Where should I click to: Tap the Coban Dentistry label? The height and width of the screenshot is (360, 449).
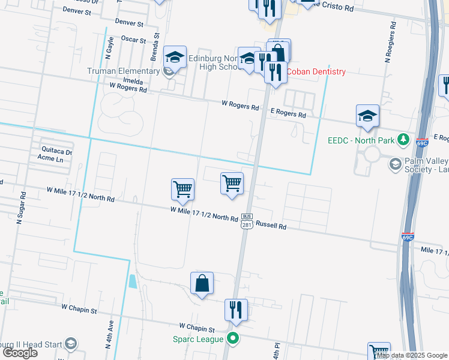(x=316, y=71)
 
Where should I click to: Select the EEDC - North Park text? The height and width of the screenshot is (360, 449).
(x=361, y=141)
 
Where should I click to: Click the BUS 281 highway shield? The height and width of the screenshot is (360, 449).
(x=246, y=220)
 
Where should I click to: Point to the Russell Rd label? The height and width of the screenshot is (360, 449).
(x=271, y=226)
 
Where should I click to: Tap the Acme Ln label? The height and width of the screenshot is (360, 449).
(x=50, y=159)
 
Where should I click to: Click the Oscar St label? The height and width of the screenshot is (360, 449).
(x=133, y=40)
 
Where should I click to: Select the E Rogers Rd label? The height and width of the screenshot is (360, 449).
(x=288, y=114)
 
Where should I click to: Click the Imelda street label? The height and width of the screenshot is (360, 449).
(x=133, y=80)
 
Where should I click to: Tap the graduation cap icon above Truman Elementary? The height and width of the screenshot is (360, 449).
(x=175, y=57)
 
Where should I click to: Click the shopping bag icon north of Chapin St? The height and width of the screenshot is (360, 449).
(x=202, y=282)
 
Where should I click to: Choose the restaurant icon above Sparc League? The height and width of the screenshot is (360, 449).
(x=235, y=310)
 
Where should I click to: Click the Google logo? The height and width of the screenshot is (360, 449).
(x=20, y=353)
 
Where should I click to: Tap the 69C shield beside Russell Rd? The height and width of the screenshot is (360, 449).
(x=408, y=238)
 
